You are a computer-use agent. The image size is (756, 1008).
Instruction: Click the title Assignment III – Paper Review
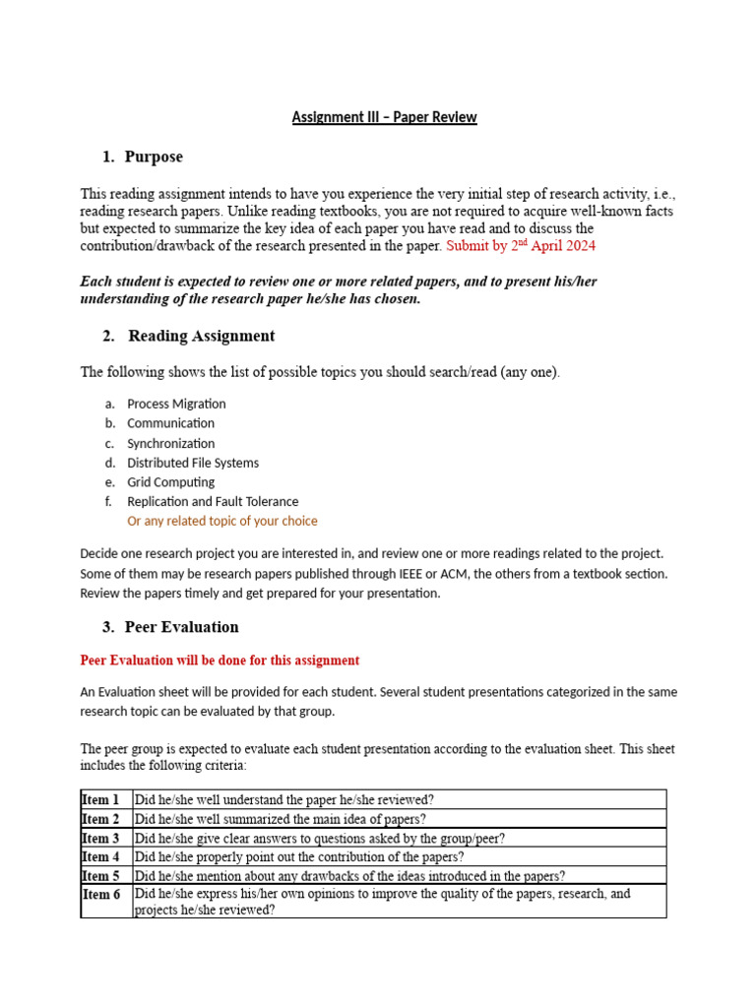[x=384, y=117]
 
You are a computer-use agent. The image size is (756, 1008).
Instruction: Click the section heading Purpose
[x=154, y=157]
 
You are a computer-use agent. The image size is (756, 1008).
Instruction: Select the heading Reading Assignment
[x=201, y=336]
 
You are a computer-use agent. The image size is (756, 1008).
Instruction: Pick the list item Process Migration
[x=176, y=404]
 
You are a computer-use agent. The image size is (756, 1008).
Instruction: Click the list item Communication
[x=170, y=423]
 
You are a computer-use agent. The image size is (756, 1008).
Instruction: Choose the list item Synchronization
[x=170, y=443]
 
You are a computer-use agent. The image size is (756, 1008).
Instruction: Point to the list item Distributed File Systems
[x=193, y=463]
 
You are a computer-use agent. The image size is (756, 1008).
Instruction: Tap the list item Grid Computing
[x=170, y=482]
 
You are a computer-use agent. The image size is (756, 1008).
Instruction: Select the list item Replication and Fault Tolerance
[x=213, y=502]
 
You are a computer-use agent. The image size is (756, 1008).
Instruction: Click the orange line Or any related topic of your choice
[x=222, y=521]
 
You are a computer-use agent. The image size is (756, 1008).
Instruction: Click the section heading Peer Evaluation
[x=181, y=627]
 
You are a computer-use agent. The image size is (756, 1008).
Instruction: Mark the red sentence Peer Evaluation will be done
[x=220, y=661]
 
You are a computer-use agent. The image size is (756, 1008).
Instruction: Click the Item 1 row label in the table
[x=100, y=799]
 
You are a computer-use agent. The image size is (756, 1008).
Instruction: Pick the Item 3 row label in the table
[x=100, y=838]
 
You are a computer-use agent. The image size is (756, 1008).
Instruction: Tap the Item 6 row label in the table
[x=100, y=895]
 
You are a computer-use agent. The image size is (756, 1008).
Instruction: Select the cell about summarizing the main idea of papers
[x=281, y=819]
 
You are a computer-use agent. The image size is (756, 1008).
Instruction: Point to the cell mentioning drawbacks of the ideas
[x=349, y=876]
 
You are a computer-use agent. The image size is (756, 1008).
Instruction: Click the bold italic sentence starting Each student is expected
[x=338, y=290]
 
